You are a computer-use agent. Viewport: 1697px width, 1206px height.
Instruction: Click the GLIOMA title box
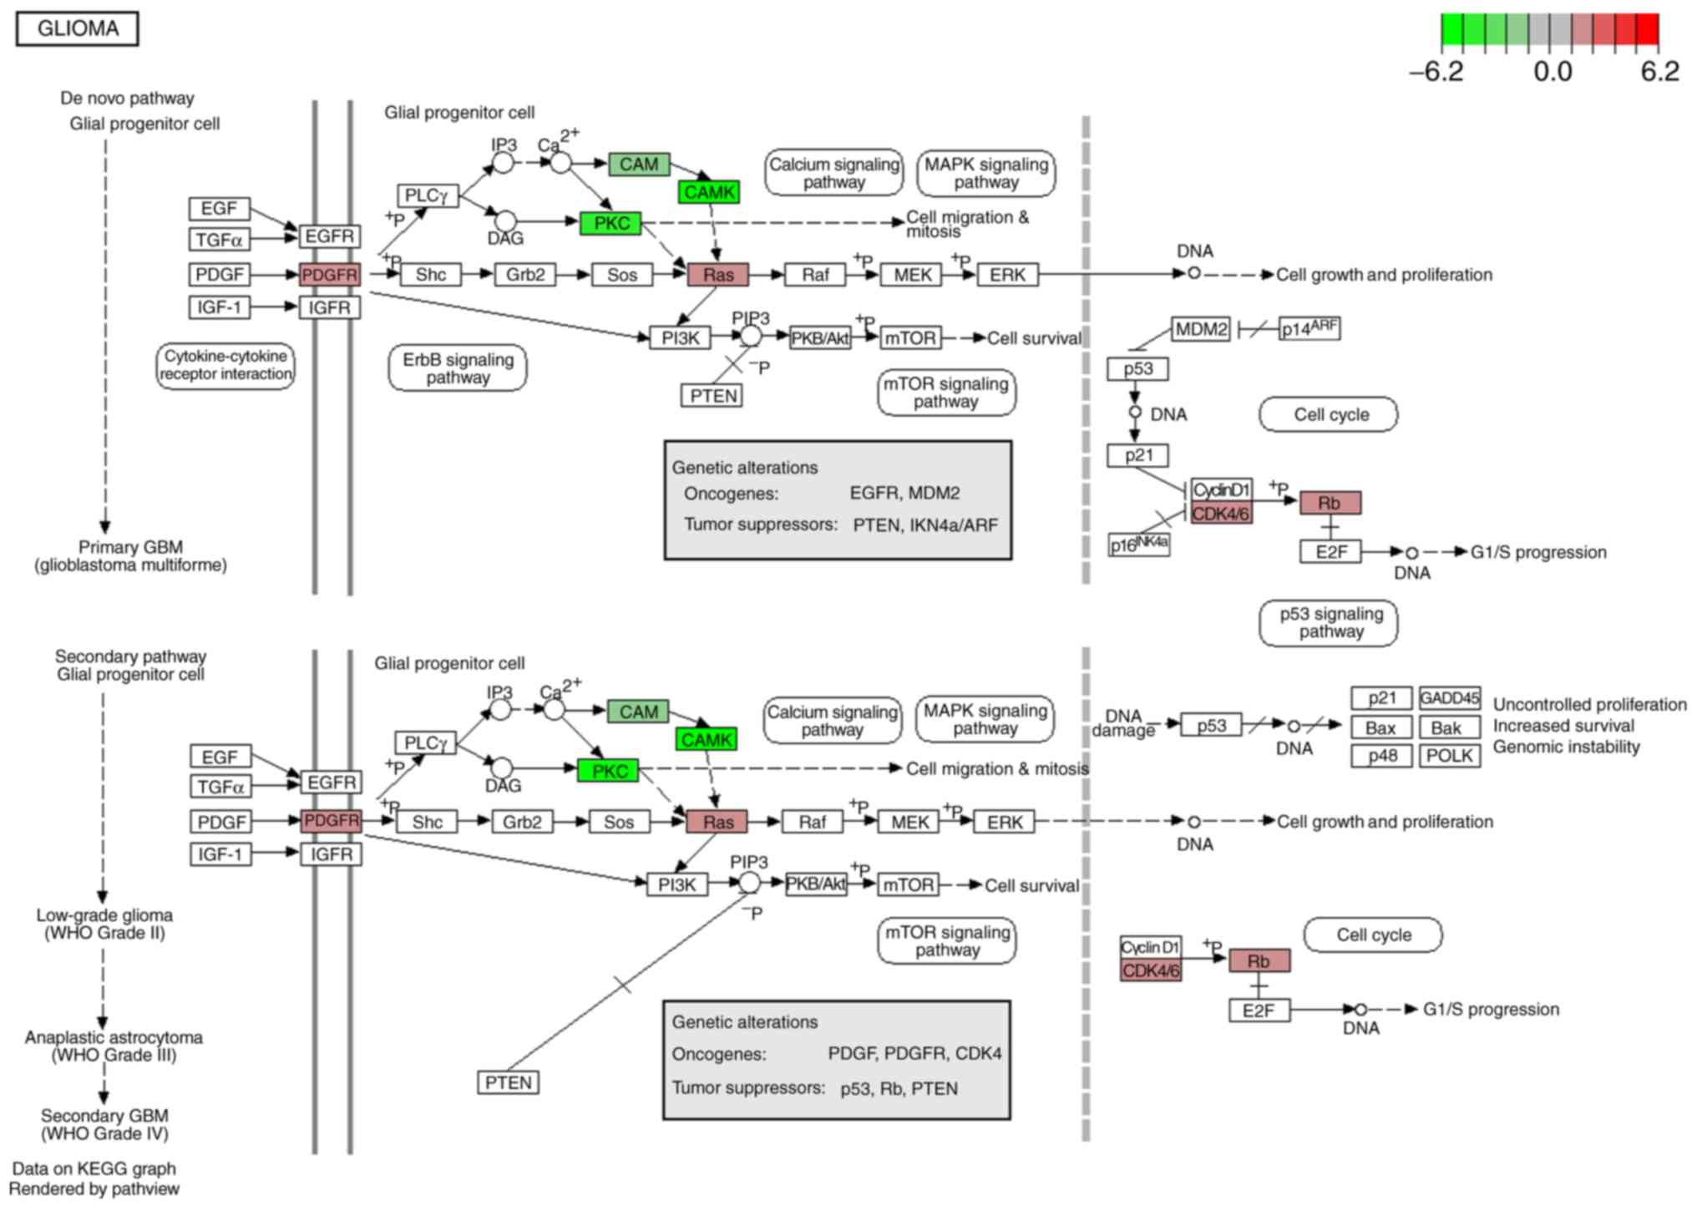(78, 29)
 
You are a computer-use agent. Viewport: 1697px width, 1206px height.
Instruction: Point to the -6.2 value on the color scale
(1436, 72)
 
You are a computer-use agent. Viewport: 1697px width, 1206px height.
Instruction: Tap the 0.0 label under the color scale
(1553, 72)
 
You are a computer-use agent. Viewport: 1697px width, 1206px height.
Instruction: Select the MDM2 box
(1201, 329)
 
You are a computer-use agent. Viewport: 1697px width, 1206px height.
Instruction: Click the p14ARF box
(1309, 329)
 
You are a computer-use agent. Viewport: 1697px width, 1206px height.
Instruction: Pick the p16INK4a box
(1139, 545)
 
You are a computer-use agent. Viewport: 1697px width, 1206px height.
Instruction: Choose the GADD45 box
(1449, 697)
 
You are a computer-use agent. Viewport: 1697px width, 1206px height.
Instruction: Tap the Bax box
(1380, 727)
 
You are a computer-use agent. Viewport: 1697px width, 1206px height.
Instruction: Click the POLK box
(1449, 756)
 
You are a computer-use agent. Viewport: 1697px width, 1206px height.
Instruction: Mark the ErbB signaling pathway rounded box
(458, 368)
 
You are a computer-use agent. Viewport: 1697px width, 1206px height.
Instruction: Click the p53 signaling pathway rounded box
(1330, 623)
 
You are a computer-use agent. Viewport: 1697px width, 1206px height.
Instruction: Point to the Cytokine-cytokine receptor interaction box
(225, 365)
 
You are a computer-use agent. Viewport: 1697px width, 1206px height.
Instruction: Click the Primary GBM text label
(130, 556)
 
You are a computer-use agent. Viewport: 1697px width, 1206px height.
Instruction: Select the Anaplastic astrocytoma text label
(114, 1046)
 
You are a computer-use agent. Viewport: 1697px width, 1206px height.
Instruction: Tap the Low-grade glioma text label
(104, 924)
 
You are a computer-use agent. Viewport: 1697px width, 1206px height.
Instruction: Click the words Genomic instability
(1566, 747)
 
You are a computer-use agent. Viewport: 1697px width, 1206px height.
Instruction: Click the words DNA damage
(1123, 723)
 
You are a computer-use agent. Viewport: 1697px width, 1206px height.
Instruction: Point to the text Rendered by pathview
(94, 1188)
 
